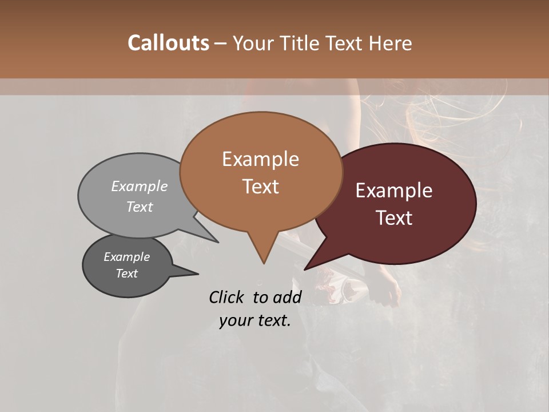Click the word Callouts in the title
(168, 43)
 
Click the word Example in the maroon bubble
(394, 191)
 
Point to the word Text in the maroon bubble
(394, 218)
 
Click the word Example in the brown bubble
(260, 159)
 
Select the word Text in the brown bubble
(260, 187)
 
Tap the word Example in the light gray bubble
(140, 187)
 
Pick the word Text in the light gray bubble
(140, 207)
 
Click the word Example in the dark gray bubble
(127, 257)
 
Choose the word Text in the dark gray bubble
(127, 274)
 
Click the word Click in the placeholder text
(226, 297)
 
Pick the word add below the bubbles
(288, 297)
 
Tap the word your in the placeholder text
(236, 320)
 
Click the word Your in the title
(252, 43)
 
